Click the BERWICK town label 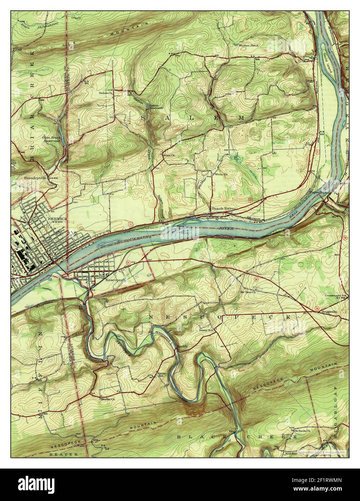click(x=55, y=218)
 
